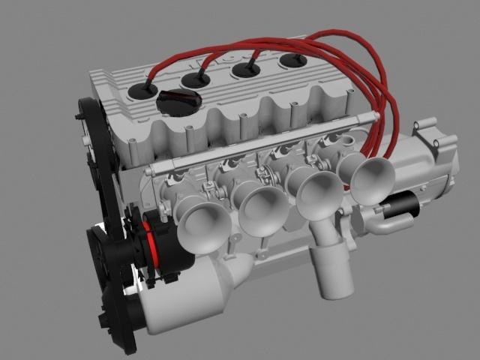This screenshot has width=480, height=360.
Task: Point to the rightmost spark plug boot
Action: pyautogui.click(x=290, y=61)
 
